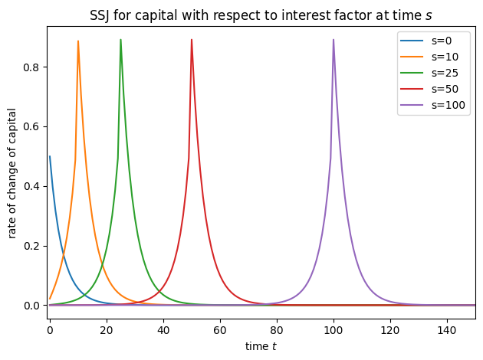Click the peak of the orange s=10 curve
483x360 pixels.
[78, 41]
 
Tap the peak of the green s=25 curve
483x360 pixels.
[120, 40]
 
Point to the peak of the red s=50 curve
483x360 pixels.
[192, 40]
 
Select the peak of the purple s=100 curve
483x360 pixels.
[333, 40]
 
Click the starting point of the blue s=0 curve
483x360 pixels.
[50, 157]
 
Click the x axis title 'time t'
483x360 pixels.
[262, 346]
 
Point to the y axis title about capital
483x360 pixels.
[13, 172]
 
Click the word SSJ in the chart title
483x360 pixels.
[103, 12]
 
